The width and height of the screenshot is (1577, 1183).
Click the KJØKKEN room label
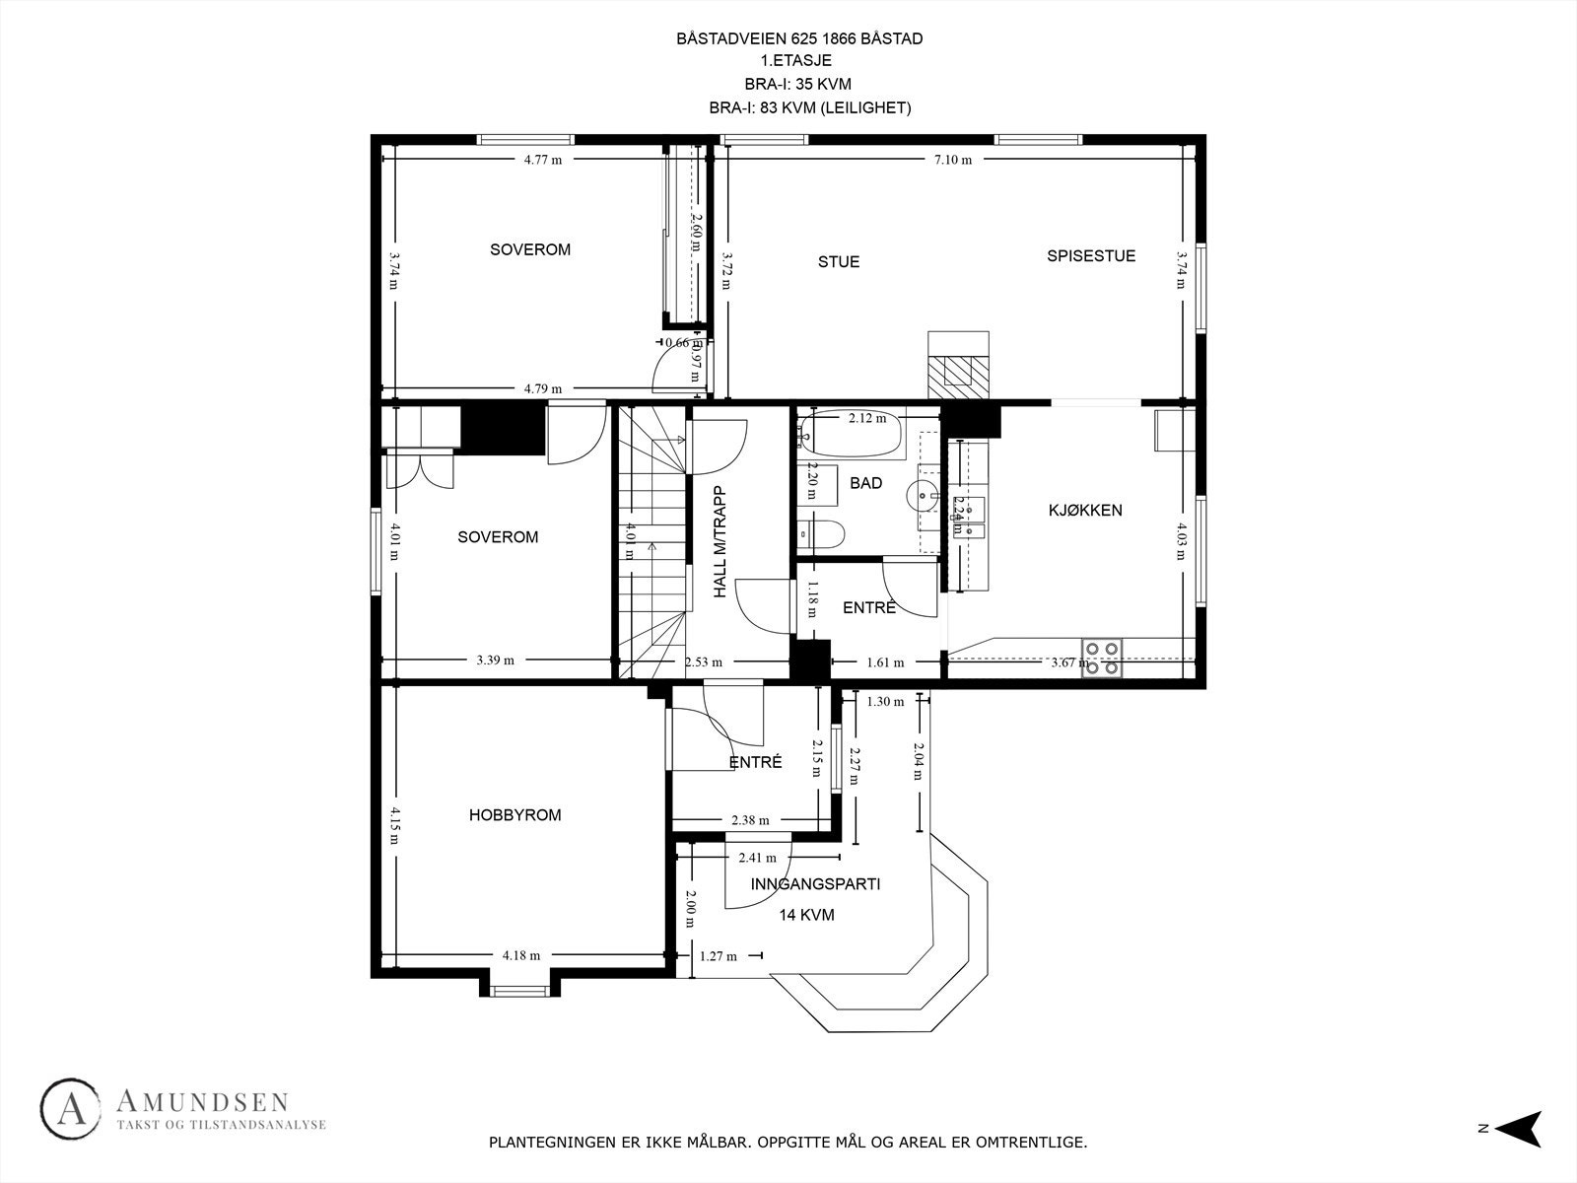coord(1084,510)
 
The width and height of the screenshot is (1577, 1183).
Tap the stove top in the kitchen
coord(1102,658)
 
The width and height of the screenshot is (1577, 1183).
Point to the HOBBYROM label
coord(514,815)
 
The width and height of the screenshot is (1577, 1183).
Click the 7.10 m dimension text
coord(952,159)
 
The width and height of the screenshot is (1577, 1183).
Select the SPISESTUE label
coord(1090,256)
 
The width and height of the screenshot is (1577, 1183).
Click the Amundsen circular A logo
coord(71,1109)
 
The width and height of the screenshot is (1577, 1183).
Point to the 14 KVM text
coord(806,915)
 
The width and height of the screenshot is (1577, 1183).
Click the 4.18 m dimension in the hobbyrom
coord(520,954)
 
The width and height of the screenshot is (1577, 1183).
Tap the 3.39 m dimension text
coord(495,661)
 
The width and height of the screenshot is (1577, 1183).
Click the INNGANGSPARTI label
coord(815,884)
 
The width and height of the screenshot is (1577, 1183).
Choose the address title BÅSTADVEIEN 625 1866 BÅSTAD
coord(799,39)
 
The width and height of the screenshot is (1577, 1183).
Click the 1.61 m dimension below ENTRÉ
coord(885,662)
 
